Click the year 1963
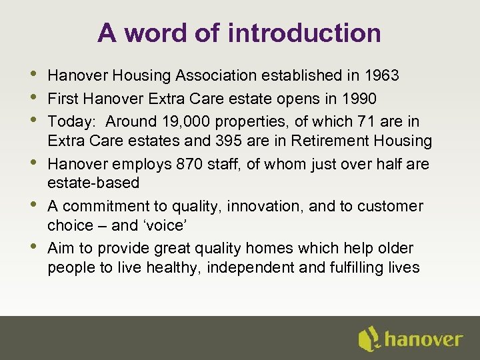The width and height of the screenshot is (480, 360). (x=381, y=76)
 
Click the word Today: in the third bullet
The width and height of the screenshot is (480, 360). (x=69, y=120)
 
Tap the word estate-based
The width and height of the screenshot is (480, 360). (x=93, y=183)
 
